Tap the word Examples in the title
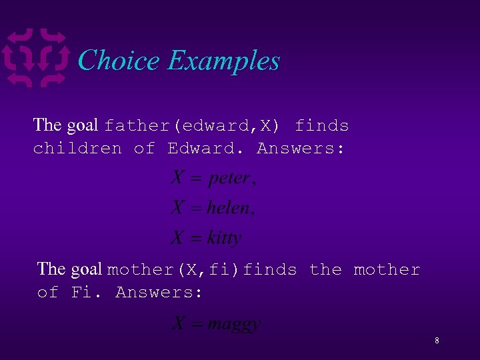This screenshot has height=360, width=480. (x=223, y=61)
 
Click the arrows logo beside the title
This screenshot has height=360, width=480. (x=36, y=58)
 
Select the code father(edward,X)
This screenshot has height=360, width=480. (x=192, y=125)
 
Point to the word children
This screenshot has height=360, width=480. (x=77, y=148)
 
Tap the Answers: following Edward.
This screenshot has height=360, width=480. (x=301, y=148)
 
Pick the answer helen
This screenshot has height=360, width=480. (x=229, y=208)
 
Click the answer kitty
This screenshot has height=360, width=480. (x=224, y=237)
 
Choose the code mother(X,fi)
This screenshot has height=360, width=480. (x=174, y=270)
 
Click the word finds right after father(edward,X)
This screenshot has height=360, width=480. (x=322, y=125)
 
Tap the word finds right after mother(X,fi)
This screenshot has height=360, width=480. (x=270, y=270)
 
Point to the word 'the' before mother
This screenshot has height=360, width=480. (x=325, y=270)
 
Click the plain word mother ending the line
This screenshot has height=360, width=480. (x=387, y=270)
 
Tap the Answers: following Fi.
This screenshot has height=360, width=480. (x=159, y=292)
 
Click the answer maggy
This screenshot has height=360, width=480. (x=233, y=325)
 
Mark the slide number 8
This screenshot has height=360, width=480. (x=437, y=341)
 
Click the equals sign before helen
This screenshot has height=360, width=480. (x=195, y=209)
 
